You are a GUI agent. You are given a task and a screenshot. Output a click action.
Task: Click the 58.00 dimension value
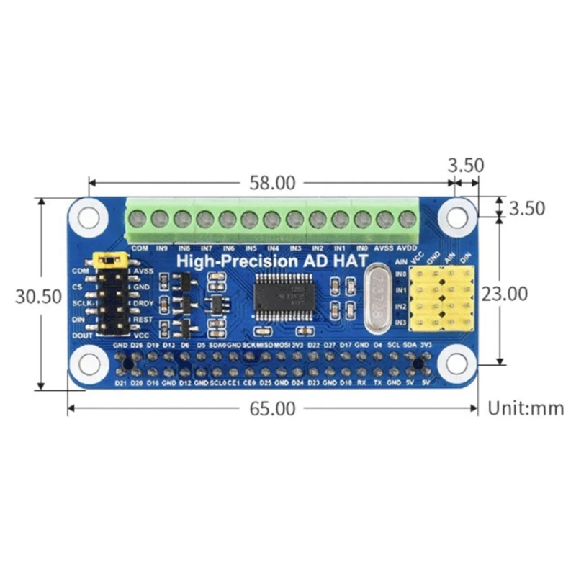click(272, 183)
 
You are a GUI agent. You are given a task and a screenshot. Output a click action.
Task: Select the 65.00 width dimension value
click(272, 409)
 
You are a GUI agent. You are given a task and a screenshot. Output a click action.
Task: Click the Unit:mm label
click(526, 409)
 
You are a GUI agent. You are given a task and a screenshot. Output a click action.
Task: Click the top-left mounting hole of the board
click(90, 216)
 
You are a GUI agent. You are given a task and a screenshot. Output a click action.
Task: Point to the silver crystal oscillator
click(377, 299)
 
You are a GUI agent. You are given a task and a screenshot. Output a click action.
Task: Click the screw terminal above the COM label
click(140, 219)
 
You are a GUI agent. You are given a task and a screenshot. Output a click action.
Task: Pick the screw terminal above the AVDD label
click(407, 219)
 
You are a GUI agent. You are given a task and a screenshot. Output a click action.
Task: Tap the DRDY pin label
click(142, 303)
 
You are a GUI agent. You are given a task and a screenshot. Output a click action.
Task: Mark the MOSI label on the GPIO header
click(280, 346)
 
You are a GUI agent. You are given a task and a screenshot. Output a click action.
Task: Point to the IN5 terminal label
click(251, 248)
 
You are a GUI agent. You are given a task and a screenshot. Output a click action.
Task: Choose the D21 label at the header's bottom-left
click(120, 382)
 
